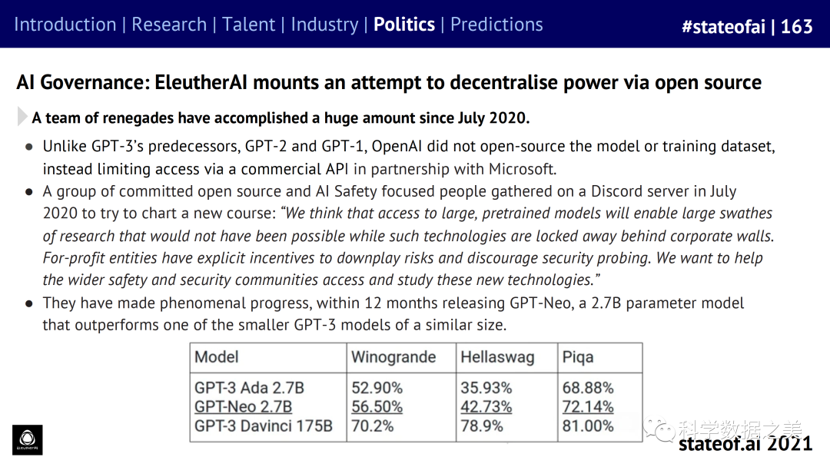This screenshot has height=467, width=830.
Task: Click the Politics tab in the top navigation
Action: coord(404,25)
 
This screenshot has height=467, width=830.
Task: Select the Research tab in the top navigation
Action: coord(169,25)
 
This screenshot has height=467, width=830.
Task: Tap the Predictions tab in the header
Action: coord(496,25)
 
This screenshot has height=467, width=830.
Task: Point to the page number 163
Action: coord(797,27)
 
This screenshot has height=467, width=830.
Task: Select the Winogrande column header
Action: coord(393,357)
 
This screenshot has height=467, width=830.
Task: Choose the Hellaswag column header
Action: coord(497,357)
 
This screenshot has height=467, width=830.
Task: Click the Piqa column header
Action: coord(578,357)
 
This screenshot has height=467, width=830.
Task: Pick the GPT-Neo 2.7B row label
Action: coord(243,407)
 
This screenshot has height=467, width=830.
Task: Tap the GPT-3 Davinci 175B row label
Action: coord(264,426)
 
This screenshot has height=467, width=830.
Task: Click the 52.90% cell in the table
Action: coord(377,388)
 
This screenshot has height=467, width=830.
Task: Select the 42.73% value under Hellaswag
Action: coord(486,407)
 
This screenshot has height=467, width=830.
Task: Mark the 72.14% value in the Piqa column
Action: coord(588,407)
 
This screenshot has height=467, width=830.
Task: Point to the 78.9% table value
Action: coord(482,426)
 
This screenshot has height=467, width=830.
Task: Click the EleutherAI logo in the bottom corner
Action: coord(28,439)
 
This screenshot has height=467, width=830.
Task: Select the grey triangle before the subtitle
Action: coord(22,118)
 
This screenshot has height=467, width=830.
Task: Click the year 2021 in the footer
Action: coord(790,444)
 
